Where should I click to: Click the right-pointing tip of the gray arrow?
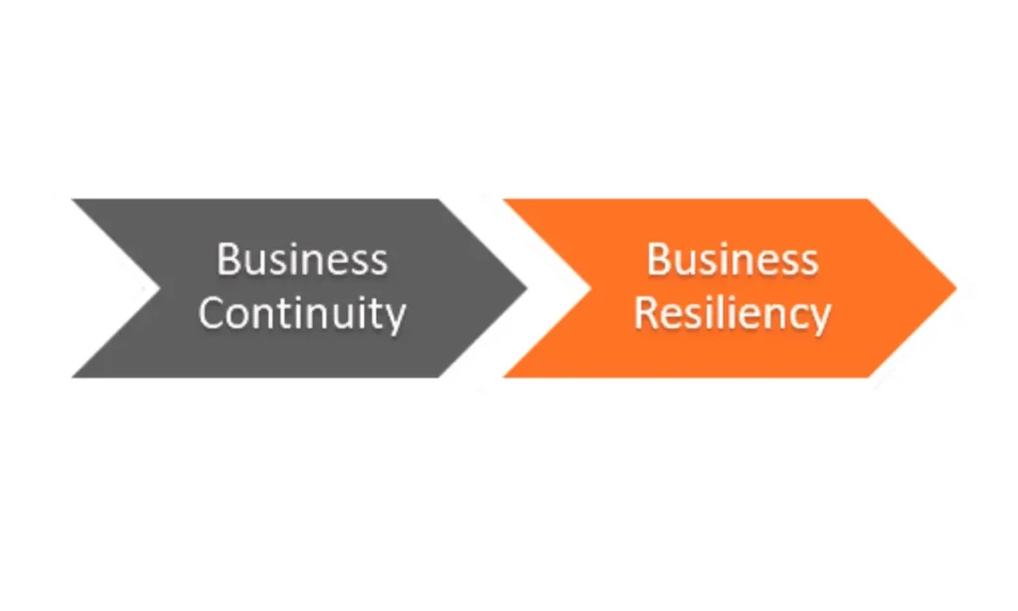click(527, 288)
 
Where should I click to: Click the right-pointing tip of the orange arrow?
click(957, 288)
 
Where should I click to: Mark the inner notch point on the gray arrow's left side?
click(160, 288)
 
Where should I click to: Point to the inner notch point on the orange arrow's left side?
click(591, 288)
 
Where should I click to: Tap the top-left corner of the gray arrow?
click(72, 200)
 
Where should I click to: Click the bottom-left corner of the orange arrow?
click(503, 377)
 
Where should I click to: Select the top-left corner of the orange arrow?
click(503, 200)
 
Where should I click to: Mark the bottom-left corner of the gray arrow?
click(72, 377)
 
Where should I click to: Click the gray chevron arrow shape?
click(299, 288)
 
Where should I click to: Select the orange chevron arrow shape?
click(730, 288)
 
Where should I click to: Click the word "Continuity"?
click(302, 313)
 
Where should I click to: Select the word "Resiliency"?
click(733, 313)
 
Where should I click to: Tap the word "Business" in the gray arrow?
click(302, 260)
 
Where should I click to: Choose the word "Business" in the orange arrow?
click(733, 260)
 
